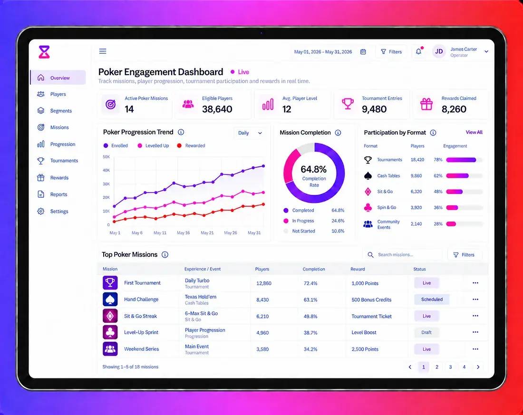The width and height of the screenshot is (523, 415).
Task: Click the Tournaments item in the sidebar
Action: [58, 161]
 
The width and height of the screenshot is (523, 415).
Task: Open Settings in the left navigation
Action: [53, 211]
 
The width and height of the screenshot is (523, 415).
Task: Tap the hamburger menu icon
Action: [103, 51]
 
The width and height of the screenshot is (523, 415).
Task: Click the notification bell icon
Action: [418, 51]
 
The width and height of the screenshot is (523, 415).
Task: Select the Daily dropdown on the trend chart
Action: [250, 133]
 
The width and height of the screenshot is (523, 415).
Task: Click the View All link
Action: [474, 133]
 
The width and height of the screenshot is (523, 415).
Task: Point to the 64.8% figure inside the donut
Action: [313, 169]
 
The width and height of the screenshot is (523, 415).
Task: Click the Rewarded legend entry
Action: [191, 146]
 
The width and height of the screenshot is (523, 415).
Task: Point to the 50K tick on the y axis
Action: [107, 157]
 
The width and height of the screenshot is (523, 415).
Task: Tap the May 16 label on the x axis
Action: [183, 233]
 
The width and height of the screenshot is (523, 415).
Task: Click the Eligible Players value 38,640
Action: [217, 109]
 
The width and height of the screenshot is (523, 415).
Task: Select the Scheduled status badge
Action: [432, 299]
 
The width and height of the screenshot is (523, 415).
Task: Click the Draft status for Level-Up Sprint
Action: [426, 332]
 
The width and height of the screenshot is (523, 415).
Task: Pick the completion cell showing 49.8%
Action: [310, 316]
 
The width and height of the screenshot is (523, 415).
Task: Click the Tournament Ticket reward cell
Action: [372, 316]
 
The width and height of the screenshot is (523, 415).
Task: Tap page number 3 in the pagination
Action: [450, 367]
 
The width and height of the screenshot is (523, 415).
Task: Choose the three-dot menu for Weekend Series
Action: [475, 349]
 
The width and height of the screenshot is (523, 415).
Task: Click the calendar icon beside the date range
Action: [363, 52]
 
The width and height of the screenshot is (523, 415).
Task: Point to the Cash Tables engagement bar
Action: [457, 176]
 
